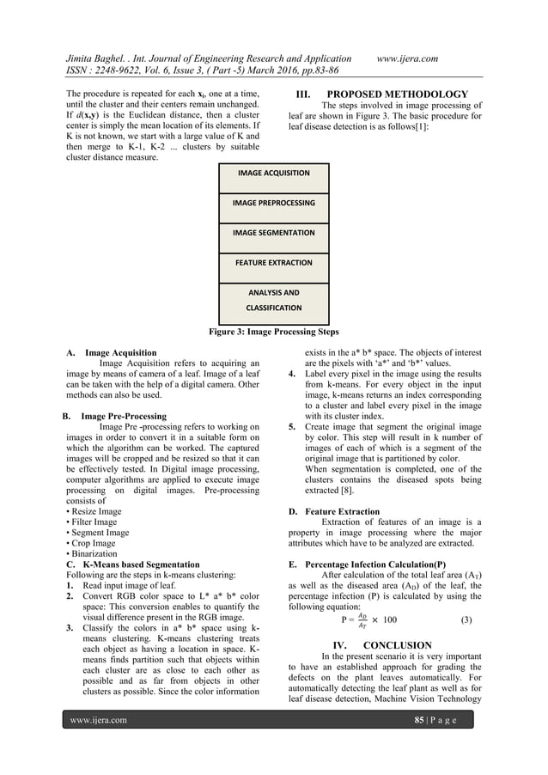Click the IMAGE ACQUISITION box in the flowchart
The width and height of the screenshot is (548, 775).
click(x=274, y=174)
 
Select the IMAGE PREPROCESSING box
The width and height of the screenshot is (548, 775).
click(x=274, y=204)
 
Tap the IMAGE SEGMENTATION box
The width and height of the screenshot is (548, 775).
click(x=274, y=233)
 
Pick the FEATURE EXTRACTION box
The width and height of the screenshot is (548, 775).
click(x=274, y=263)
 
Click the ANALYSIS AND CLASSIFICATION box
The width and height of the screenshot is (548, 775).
click(x=274, y=299)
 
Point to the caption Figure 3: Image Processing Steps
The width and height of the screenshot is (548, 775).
click(x=274, y=331)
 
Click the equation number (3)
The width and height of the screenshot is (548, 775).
click(x=466, y=619)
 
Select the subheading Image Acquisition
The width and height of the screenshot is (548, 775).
click(x=120, y=352)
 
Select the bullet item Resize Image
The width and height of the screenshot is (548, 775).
click(x=96, y=511)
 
